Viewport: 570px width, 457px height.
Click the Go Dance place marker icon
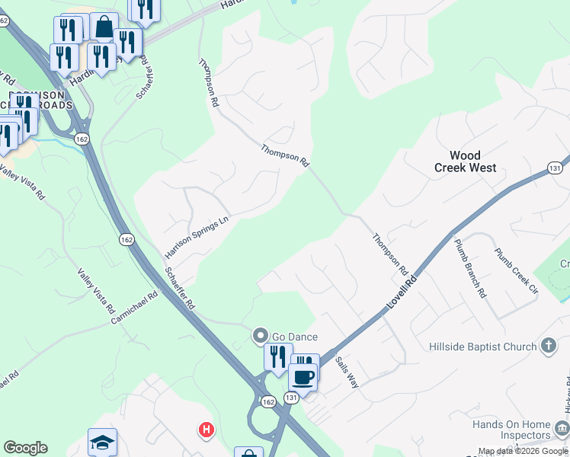click(x=260, y=336)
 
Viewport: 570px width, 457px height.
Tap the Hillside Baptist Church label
click(x=482, y=347)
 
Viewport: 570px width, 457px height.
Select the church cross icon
click(x=548, y=347)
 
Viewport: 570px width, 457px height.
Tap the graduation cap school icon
click(x=102, y=442)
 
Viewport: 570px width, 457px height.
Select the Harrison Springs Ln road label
click(x=197, y=237)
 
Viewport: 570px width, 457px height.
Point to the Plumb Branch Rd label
click(x=470, y=267)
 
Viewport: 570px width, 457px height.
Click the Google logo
click(x=25, y=448)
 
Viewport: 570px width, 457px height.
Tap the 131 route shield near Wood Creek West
click(x=554, y=168)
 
